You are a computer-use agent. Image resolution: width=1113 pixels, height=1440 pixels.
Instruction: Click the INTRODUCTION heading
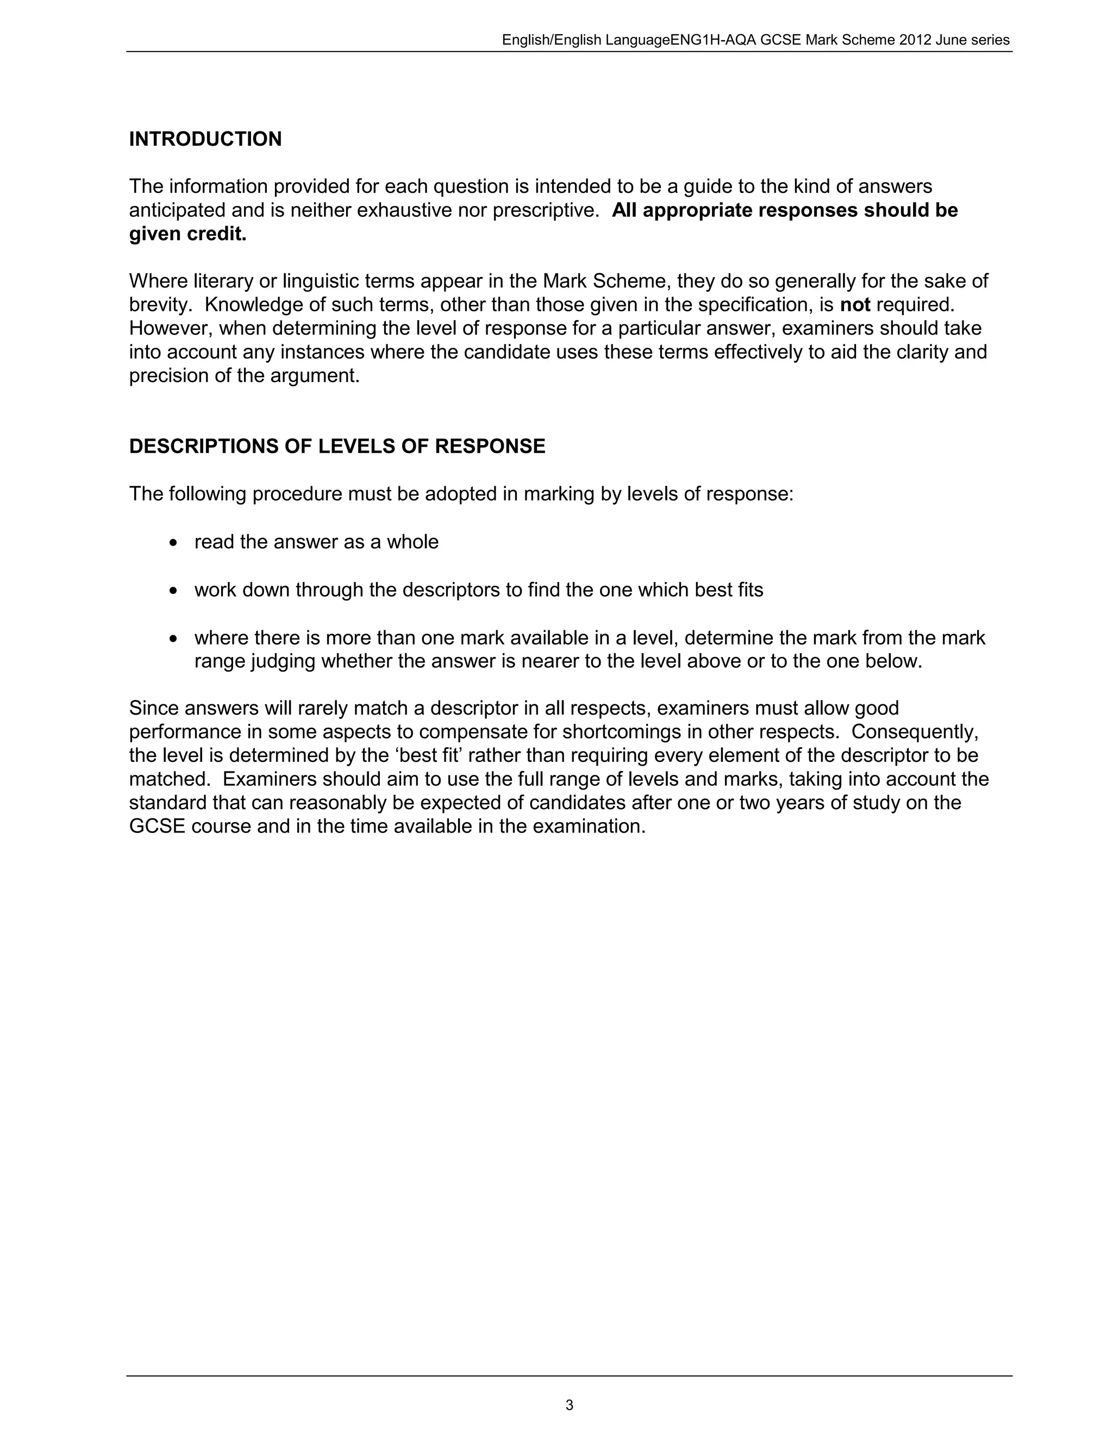click(205, 139)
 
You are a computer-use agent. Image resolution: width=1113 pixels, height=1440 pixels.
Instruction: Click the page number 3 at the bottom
click(569, 1405)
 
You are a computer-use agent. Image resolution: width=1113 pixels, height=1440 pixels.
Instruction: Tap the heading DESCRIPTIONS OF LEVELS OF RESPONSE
click(337, 446)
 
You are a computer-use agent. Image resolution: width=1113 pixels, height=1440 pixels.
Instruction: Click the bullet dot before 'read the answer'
click(173, 543)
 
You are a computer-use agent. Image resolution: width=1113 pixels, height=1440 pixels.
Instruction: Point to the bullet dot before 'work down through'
click(173, 591)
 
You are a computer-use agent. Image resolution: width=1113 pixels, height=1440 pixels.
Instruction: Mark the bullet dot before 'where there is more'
click(173, 639)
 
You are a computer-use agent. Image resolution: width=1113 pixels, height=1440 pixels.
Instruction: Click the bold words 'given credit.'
click(187, 234)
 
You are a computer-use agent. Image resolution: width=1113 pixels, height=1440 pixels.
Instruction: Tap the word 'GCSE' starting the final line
click(157, 827)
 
